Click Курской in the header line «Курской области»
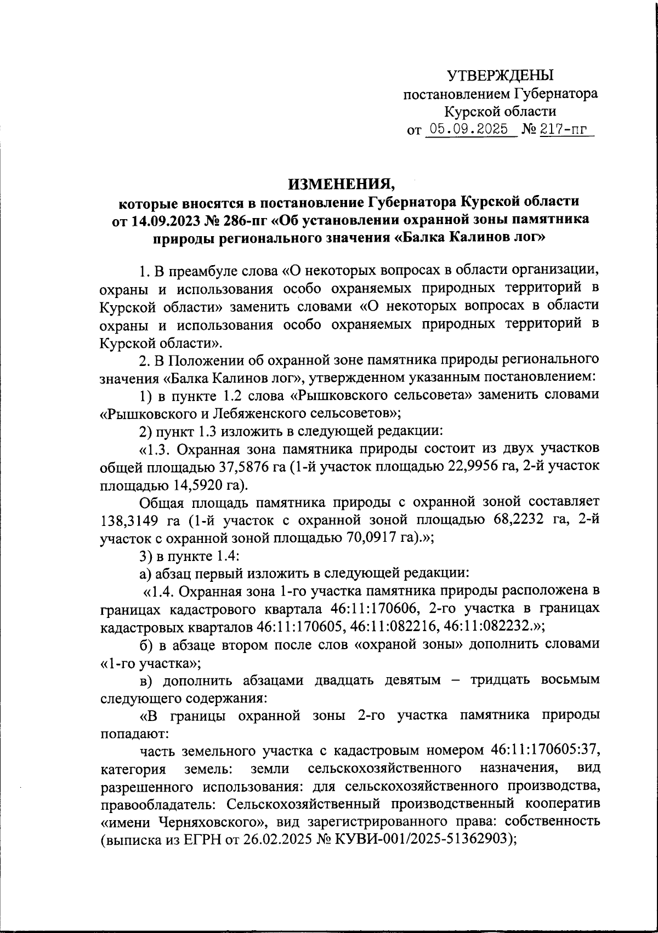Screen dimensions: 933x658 point(471,112)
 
